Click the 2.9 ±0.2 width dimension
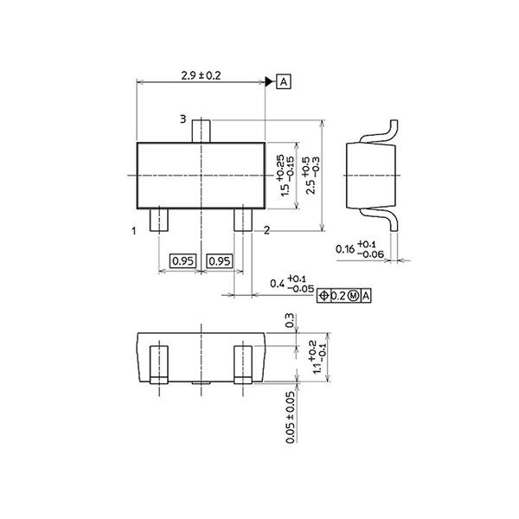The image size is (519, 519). pos(202,76)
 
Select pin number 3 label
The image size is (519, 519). pos(183,119)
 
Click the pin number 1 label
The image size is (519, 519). pos(134,231)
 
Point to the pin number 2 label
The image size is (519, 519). pos(266,230)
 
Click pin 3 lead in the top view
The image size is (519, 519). pos(202,130)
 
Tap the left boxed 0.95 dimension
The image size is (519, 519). pos(182,260)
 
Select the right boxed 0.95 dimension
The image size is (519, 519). pos(221,260)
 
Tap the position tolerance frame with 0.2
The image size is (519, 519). pos(345,296)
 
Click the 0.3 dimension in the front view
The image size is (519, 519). pos(290,321)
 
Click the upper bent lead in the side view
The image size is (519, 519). pos(386,131)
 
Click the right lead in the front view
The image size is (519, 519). pos(243,363)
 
